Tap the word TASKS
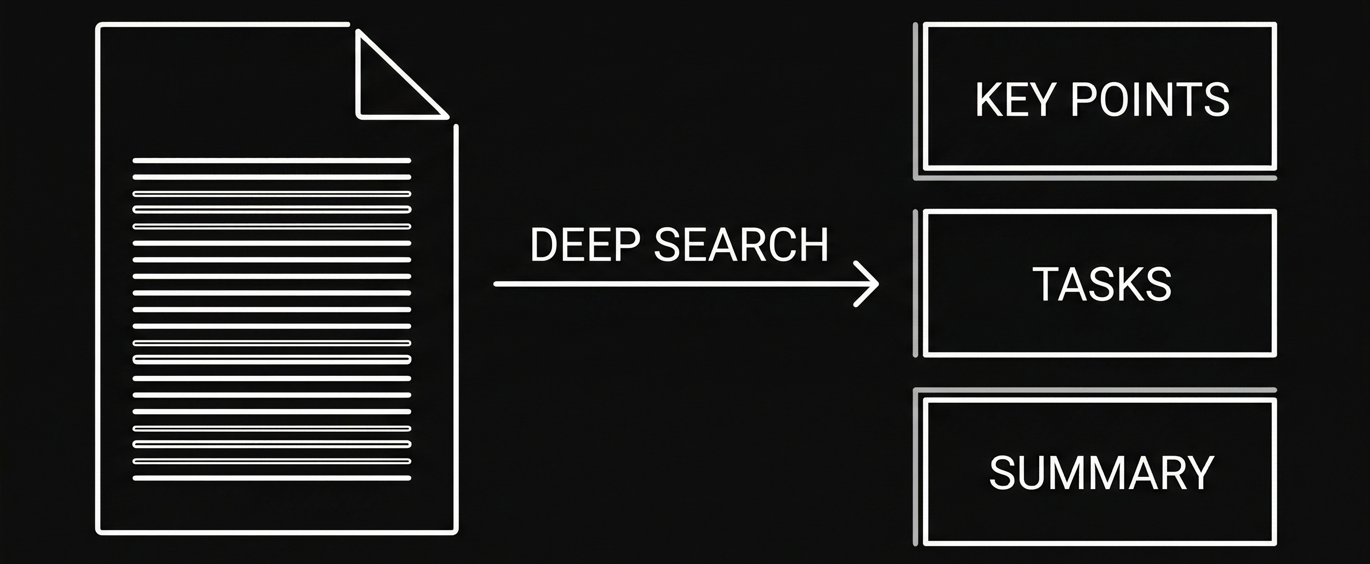pos(1102,284)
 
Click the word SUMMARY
pos(1101,473)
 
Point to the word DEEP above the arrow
pos(585,245)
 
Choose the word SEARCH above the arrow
pos(741,245)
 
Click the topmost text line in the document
pos(271,160)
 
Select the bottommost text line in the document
pos(271,478)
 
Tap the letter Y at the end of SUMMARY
pos(1200,473)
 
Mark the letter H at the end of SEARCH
pos(812,245)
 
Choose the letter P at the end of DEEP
pos(627,245)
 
